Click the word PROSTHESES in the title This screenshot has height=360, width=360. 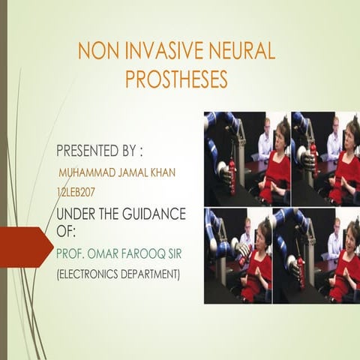coord(176,79)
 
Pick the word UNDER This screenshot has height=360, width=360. coord(76,214)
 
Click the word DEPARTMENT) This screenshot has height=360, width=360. coord(155,275)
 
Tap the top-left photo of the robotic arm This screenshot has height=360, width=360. coord(247,158)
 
